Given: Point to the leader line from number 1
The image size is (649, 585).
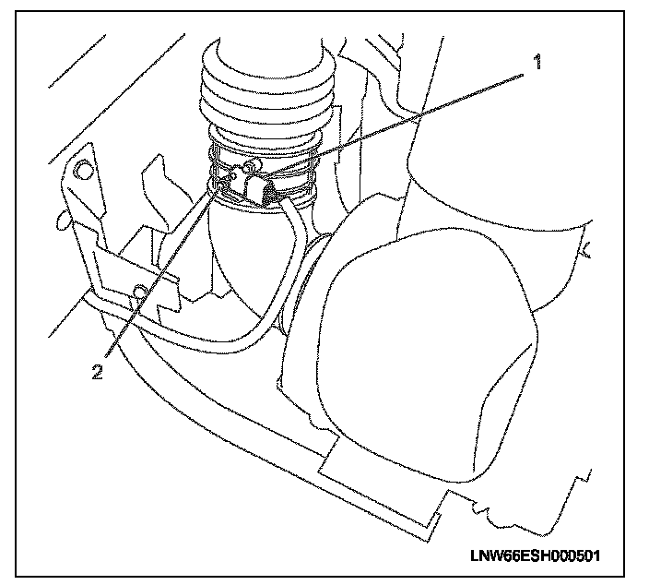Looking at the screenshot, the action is [415, 116].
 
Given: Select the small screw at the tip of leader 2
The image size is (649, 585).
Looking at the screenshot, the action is [220, 188].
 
